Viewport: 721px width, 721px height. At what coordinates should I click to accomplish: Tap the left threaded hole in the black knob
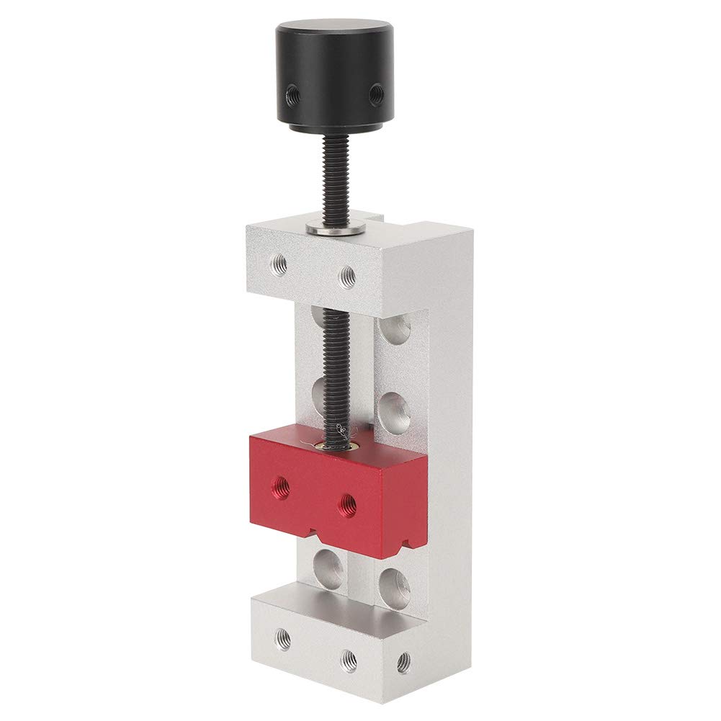[293, 92]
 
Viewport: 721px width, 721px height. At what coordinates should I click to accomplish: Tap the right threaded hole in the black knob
[375, 92]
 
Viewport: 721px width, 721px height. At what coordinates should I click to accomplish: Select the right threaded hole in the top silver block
[347, 274]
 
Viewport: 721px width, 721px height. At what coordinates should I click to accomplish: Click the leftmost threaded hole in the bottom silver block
[283, 637]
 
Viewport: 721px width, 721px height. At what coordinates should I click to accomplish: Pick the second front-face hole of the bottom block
[349, 657]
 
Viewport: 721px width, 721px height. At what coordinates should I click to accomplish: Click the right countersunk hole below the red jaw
[395, 587]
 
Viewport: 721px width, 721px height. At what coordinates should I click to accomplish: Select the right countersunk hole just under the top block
[395, 328]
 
